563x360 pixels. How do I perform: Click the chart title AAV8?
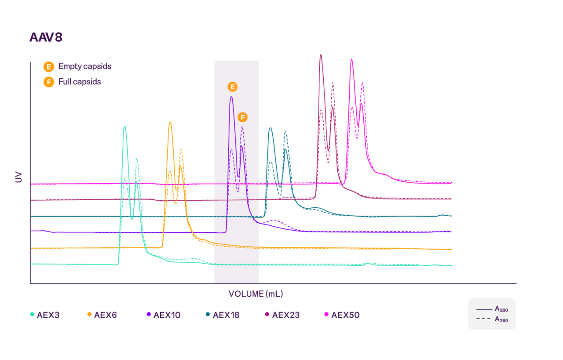click(x=46, y=37)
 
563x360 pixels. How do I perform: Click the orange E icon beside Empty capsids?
click(x=48, y=67)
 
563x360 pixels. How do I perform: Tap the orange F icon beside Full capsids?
click(x=48, y=82)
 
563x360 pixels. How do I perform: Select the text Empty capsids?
click(x=85, y=66)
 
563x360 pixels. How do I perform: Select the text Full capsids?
click(x=80, y=82)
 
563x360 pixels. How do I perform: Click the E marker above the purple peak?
click(x=232, y=87)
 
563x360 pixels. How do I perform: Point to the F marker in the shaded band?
click(x=242, y=117)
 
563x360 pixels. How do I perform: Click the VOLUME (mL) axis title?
click(x=256, y=294)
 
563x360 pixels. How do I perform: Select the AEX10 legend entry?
click(x=163, y=315)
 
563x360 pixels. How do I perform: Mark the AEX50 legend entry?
click(x=341, y=315)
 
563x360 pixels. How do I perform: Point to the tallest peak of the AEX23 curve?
click(x=321, y=55)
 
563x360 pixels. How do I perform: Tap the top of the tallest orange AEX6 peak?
click(x=170, y=123)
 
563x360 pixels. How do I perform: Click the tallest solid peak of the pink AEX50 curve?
click(x=351, y=60)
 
